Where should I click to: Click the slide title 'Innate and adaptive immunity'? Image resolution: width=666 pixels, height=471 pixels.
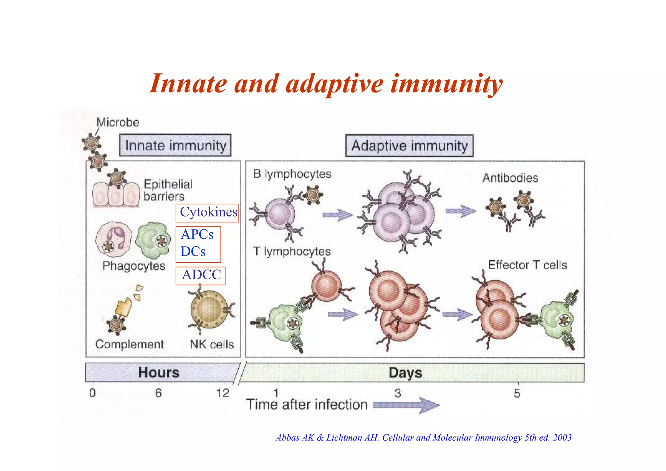click(326, 84)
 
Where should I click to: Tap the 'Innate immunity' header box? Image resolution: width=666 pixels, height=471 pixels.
click(175, 145)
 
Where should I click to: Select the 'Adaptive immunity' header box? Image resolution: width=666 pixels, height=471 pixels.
click(409, 146)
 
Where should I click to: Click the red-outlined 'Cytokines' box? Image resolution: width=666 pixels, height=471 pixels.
click(207, 213)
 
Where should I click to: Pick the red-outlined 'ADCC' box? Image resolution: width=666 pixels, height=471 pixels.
click(201, 275)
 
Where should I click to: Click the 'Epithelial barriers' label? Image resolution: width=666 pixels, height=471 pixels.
click(168, 190)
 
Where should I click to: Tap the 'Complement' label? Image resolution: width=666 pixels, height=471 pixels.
click(129, 344)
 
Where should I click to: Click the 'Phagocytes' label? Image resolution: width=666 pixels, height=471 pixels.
click(134, 266)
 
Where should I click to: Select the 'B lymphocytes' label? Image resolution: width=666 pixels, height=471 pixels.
click(292, 174)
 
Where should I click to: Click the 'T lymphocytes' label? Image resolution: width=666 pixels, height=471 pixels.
click(292, 252)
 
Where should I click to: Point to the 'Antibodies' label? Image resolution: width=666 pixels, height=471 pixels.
click(510, 178)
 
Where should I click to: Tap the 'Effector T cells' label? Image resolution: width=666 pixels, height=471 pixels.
click(527, 265)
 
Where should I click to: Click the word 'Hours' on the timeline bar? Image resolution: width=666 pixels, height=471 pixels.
click(159, 372)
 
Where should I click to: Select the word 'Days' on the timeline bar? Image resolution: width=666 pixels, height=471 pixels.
click(405, 373)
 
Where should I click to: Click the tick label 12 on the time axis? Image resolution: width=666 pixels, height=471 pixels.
click(223, 393)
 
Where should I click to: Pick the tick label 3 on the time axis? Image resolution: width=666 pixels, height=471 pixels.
click(398, 394)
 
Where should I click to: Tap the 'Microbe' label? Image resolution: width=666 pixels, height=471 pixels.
click(118, 122)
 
